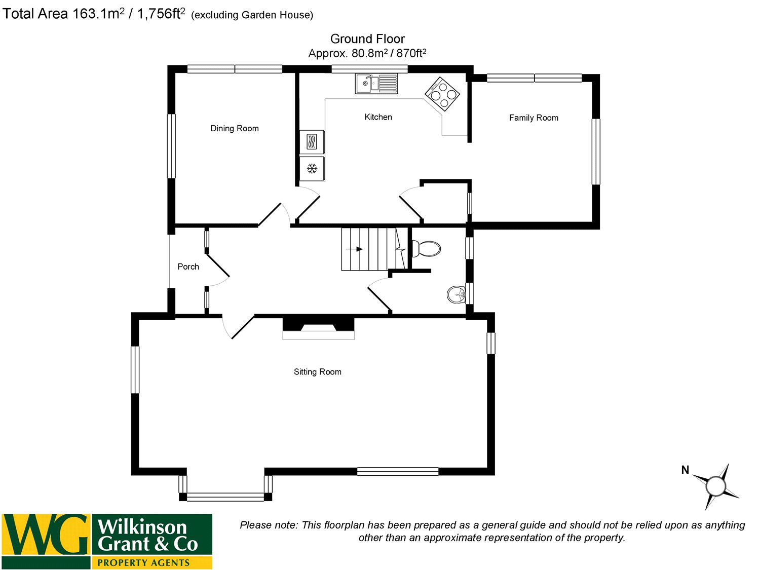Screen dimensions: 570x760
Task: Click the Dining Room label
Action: (235, 129)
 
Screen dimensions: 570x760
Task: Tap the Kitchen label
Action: (378, 117)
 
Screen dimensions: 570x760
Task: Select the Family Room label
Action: (534, 118)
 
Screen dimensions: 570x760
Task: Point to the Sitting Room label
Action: (318, 372)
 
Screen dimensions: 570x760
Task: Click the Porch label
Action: (188, 267)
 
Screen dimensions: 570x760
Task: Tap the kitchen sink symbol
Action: (376, 84)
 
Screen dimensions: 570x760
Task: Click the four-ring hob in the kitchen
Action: (442, 94)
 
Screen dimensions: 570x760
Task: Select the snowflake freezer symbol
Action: (312, 168)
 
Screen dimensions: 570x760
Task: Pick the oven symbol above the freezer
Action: (312, 141)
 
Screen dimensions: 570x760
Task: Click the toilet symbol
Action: (426, 249)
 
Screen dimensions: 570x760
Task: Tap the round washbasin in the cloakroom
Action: (457, 294)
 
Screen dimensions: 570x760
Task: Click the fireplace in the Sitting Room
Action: (318, 327)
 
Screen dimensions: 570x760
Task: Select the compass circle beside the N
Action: (715, 486)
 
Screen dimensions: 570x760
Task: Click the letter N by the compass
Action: (685, 470)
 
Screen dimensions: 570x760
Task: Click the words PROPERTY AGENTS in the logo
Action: (143, 562)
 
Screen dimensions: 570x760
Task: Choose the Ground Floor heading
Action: (367, 39)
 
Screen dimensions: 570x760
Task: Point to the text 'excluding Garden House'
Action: (252, 15)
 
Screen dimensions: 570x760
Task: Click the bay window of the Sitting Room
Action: (225, 497)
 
